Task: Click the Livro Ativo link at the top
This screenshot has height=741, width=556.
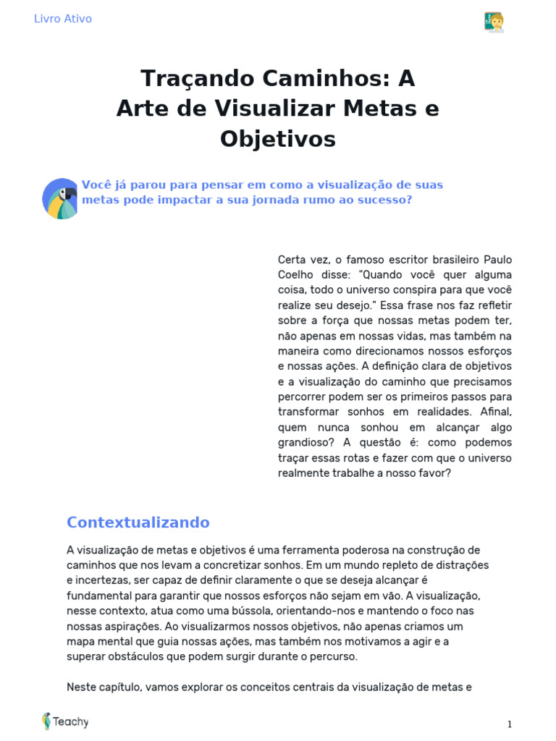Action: coord(63,19)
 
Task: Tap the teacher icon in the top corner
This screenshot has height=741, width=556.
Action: coord(494,22)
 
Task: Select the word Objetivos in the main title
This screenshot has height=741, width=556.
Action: coord(278,138)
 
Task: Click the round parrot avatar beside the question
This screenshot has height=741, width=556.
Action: coord(60,198)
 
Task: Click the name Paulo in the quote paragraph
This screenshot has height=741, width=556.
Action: coord(497,260)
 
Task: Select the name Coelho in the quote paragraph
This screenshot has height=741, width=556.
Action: coord(295,275)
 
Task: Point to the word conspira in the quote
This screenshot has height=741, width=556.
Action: coord(410,290)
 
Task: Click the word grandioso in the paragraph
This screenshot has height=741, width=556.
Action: coord(306,442)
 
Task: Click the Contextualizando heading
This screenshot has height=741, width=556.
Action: coord(138,522)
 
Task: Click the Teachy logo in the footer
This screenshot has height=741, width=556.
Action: coord(66,721)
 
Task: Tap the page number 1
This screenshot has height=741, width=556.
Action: coord(509,724)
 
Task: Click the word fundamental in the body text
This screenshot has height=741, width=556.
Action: coord(98,596)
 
